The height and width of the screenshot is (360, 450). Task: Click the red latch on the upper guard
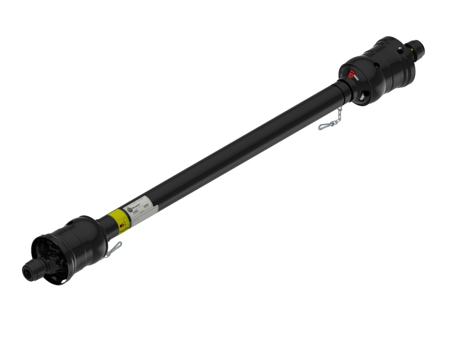pos(350,73)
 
